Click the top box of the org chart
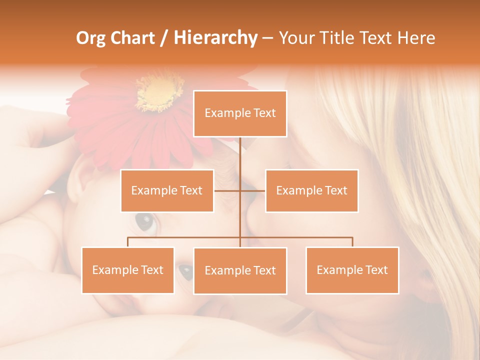[x=240, y=113]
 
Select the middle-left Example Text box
[x=167, y=190]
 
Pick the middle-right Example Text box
[x=311, y=190]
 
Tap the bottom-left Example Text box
[x=127, y=270]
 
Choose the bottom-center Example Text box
[x=240, y=270]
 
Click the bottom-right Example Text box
[x=352, y=270]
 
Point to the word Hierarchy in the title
[x=215, y=38]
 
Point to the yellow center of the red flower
[x=159, y=93]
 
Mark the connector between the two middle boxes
[x=239, y=190]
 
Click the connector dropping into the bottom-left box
[x=128, y=242]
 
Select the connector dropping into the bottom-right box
[x=352, y=242]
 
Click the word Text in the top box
[x=264, y=113]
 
